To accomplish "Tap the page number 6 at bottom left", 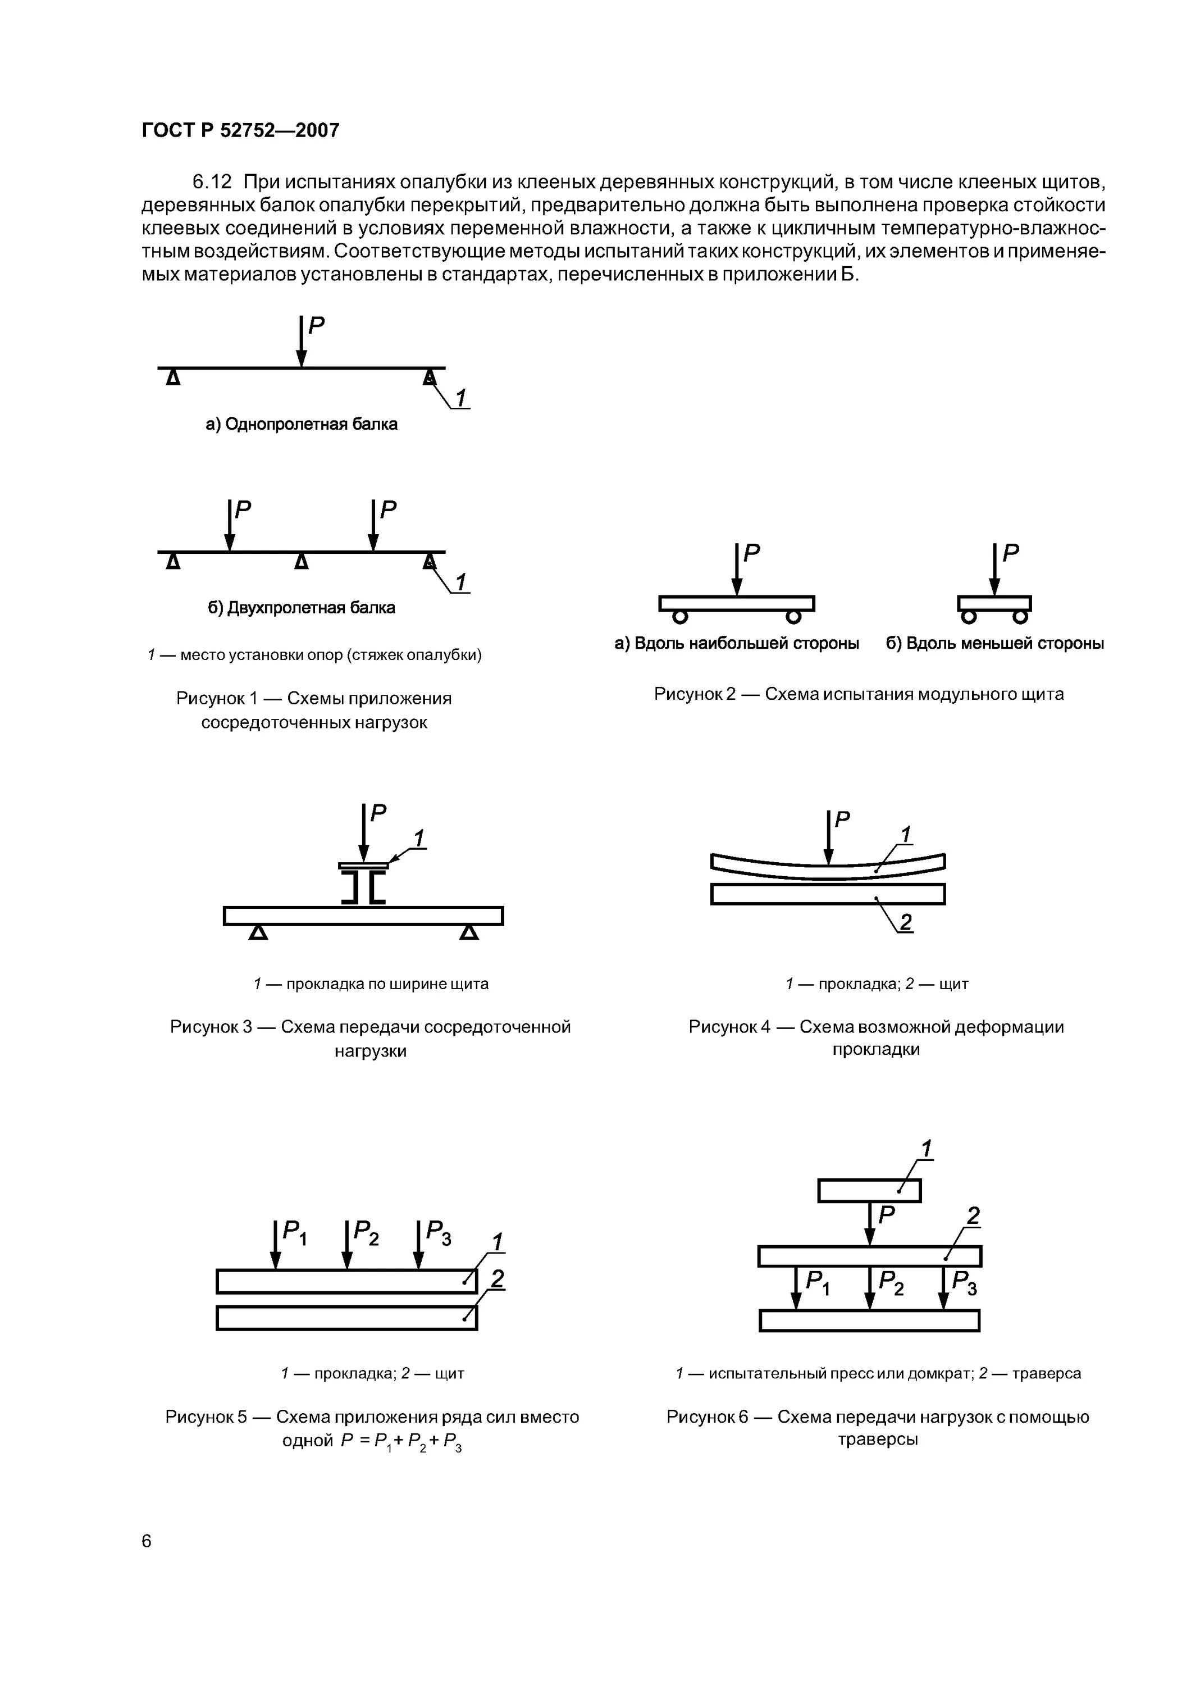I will point(147,1541).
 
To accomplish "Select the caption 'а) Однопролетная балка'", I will point(302,424).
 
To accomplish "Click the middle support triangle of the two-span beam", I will point(301,562).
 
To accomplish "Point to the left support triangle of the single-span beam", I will point(172,378).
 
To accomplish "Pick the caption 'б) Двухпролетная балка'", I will point(302,608).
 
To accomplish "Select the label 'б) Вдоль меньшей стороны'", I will point(994,644).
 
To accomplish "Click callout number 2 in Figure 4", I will point(906,922).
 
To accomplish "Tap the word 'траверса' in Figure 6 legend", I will point(1047,1373).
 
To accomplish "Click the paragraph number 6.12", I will point(211,181).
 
